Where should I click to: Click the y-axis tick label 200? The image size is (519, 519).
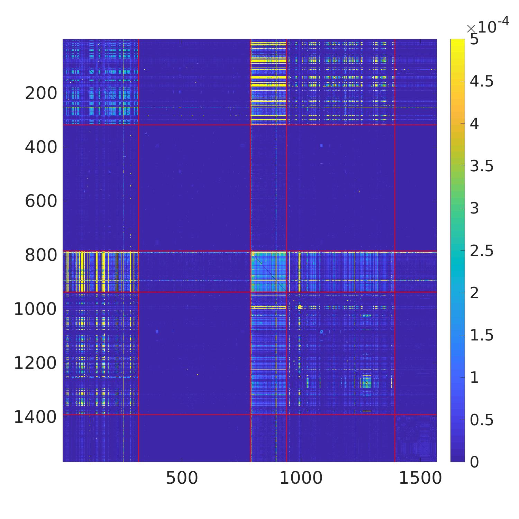coord(41,93)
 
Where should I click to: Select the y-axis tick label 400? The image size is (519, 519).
coord(41,147)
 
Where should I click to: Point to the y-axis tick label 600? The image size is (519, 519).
coord(41,201)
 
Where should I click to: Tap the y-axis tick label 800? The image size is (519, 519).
coord(41,255)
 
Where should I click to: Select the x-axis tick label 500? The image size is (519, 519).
coord(182,478)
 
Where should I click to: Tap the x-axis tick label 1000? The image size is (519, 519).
coord(301,478)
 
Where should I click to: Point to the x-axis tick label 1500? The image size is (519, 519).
coord(420,478)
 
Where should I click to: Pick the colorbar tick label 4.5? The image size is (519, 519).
coord(481,82)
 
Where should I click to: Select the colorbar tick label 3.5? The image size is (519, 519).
coord(481,166)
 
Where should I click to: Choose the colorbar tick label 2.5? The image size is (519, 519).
coord(481,251)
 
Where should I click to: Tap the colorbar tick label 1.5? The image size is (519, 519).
coord(481,335)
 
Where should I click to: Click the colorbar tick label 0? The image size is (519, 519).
coord(474,462)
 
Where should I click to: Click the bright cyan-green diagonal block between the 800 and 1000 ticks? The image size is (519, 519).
coord(268,272)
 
